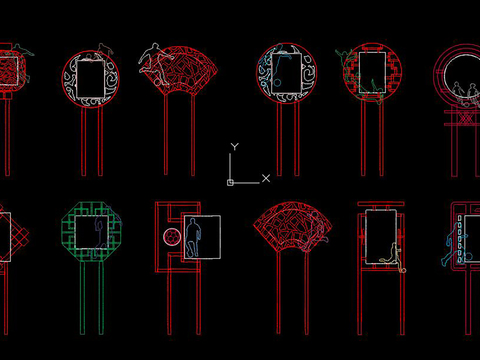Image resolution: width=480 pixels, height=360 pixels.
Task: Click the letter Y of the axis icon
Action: tap(235, 147)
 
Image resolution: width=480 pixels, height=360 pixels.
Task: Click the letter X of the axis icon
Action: tap(266, 178)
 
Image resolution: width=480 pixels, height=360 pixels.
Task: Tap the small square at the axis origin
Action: tap(230, 183)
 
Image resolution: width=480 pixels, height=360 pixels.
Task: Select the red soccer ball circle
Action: tap(172, 237)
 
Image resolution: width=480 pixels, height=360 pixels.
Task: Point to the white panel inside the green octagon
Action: tap(92, 232)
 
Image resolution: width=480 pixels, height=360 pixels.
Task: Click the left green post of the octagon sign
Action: tap(83, 298)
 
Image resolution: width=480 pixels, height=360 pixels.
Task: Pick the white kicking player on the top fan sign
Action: tap(154, 62)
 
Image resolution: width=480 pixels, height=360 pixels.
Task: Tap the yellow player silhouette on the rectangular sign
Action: tap(393, 257)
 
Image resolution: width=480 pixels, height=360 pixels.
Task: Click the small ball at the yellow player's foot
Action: tap(403, 270)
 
